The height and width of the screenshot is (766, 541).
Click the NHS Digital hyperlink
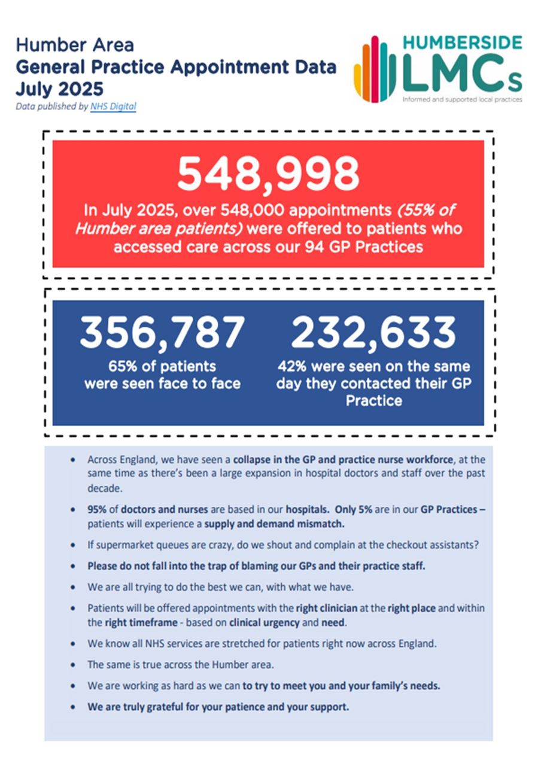point(114,107)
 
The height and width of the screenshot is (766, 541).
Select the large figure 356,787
point(162,333)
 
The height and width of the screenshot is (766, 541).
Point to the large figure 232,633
point(373,333)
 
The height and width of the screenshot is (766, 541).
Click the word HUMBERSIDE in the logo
point(462,43)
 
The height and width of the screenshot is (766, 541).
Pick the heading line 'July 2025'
point(59,89)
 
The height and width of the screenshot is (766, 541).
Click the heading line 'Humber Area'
point(75,45)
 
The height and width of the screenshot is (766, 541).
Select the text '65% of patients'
point(162,366)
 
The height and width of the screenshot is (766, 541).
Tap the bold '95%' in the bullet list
point(98,510)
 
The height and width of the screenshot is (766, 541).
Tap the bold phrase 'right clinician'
point(327,608)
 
